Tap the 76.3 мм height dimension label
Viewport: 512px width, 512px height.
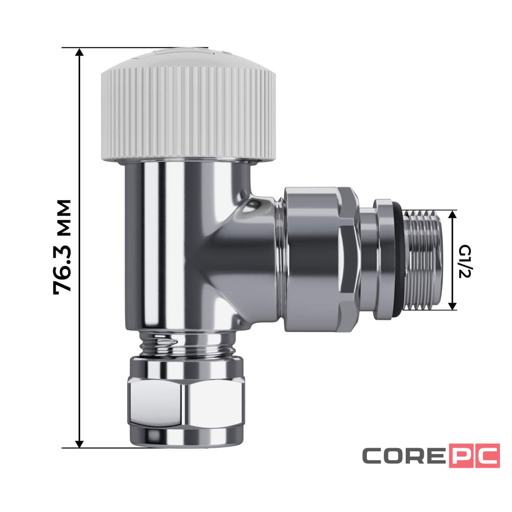point(63,247)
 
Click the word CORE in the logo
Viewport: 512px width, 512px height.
point(404,456)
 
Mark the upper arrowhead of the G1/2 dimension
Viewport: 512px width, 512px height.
point(452,214)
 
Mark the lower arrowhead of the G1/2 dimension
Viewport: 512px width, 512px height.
point(452,306)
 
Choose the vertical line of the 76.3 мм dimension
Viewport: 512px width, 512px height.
point(80,158)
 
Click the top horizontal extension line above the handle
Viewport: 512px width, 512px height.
point(132,48)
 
